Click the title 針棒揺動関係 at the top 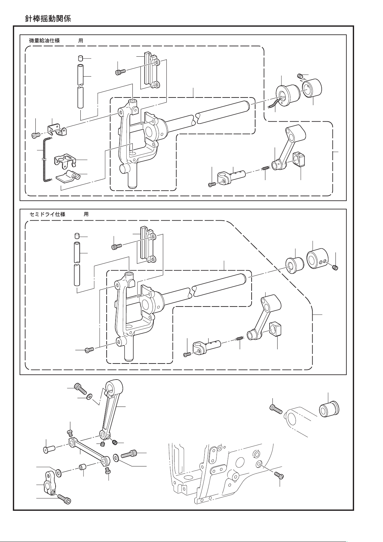click(x=48, y=19)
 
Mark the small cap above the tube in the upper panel click(x=81, y=58)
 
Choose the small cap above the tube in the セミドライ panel click(x=77, y=237)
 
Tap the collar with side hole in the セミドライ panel click(x=316, y=259)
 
